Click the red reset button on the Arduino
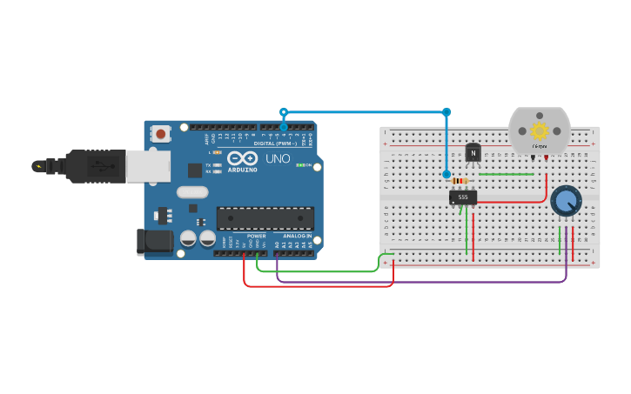[x=161, y=134]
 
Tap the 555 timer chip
[x=463, y=197]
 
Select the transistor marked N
[x=473, y=153]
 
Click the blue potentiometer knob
[x=566, y=201]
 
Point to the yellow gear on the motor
[x=540, y=131]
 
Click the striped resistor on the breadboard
[x=460, y=181]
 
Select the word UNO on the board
[x=277, y=159]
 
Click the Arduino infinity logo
[x=244, y=158]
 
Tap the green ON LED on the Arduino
[x=299, y=164]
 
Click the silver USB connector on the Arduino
[x=148, y=165]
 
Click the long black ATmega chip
[x=265, y=218]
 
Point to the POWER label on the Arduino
[x=256, y=236]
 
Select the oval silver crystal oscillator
[x=192, y=192]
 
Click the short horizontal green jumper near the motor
[x=506, y=174]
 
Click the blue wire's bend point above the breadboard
[x=446, y=111]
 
